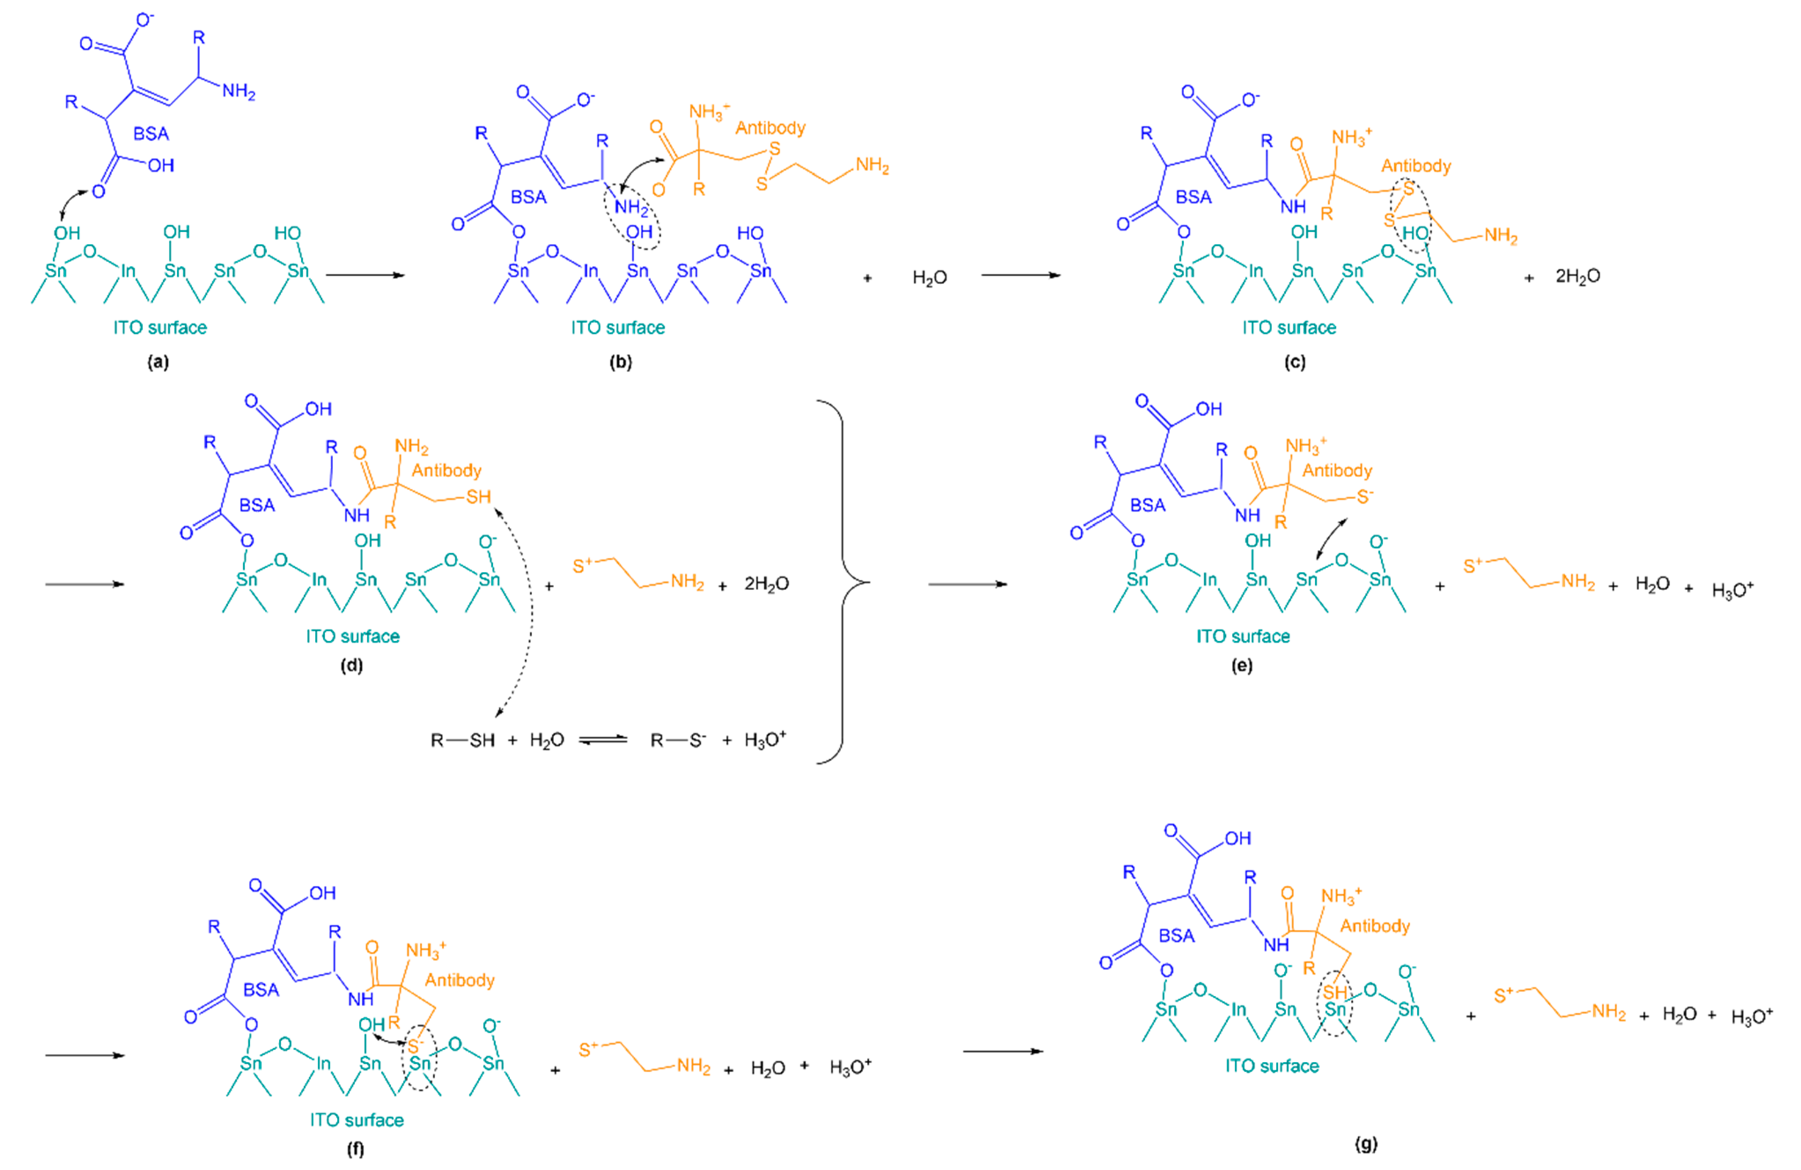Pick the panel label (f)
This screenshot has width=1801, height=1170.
[x=355, y=1149]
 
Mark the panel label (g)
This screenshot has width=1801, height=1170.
[x=1366, y=1144]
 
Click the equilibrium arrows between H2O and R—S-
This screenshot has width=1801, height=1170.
[x=603, y=740]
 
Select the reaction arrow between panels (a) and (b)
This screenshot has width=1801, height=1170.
[x=365, y=275]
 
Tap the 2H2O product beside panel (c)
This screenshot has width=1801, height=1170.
[x=1578, y=276]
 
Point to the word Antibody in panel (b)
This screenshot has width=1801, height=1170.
[x=770, y=128]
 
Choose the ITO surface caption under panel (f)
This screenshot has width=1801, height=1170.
[x=357, y=1120]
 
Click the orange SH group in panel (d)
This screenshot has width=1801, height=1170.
[x=478, y=497]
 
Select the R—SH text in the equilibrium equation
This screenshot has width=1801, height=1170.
[x=462, y=740]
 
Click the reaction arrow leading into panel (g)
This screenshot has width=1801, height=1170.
[x=1003, y=1051]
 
